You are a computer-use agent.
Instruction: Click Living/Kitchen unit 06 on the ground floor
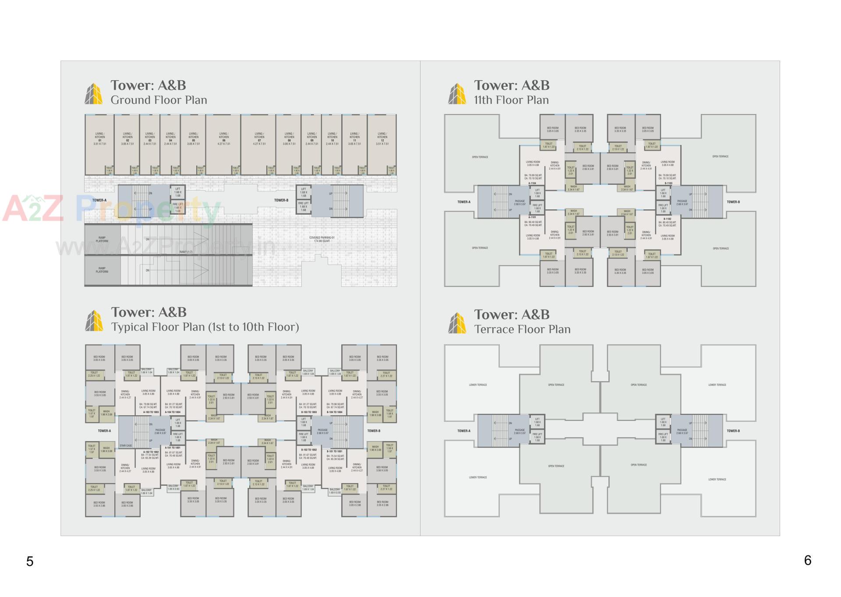point(223,138)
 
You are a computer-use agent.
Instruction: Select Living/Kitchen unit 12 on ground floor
point(382,138)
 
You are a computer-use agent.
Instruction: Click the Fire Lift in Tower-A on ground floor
point(177,207)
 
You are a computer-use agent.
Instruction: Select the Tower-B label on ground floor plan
point(281,200)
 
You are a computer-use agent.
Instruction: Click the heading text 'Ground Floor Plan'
point(159,100)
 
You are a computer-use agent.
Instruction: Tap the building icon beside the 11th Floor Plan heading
point(457,94)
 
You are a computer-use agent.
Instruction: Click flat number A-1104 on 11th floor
point(532,184)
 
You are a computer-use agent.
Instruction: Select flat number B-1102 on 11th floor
point(667,219)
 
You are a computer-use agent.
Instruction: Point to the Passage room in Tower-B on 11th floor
point(682,202)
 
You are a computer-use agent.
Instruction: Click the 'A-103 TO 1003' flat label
point(151,412)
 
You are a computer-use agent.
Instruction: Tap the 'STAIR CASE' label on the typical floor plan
point(126,445)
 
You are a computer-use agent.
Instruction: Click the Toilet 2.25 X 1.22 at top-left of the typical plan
point(94,374)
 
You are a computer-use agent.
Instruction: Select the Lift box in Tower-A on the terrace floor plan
point(537,422)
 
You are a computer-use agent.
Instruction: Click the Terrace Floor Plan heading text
point(522,329)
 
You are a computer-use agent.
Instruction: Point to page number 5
point(30,562)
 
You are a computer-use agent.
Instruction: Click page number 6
point(808,560)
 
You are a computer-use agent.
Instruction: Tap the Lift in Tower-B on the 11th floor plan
point(663,193)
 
